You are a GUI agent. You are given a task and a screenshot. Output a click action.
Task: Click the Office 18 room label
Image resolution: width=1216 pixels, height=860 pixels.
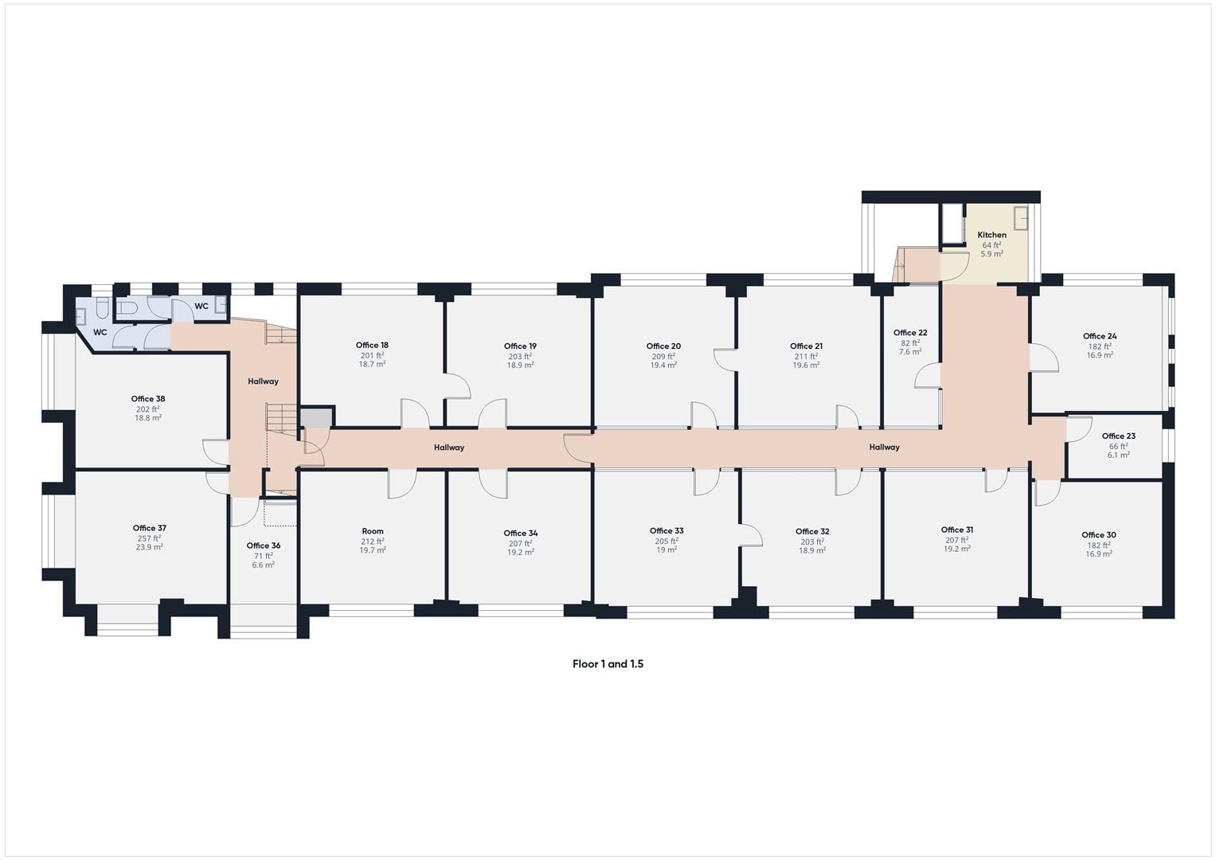coord(372,346)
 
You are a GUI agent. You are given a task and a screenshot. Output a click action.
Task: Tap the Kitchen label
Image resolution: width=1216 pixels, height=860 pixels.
coord(991,235)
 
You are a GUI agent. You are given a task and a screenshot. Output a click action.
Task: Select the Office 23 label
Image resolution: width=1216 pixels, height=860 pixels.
coord(1118,436)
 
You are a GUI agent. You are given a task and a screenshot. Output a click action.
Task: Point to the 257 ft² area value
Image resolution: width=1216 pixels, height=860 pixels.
coord(149,538)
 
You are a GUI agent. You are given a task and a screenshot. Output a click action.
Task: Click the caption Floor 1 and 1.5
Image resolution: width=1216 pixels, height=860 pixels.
coord(608,664)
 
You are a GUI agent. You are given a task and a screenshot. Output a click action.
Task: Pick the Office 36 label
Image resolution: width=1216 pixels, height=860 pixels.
coord(263,545)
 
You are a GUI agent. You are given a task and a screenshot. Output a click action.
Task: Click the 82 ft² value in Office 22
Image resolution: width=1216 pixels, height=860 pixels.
coord(909,343)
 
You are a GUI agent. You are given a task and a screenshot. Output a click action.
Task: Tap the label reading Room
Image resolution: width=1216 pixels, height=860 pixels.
coord(372,531)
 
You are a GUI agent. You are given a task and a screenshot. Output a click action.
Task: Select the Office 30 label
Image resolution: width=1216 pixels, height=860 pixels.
coord(1098,535)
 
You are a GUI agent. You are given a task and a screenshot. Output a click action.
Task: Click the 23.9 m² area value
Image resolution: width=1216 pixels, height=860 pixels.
coord(149,548)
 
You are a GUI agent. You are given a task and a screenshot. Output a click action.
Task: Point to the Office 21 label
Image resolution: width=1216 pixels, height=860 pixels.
coord(806,346)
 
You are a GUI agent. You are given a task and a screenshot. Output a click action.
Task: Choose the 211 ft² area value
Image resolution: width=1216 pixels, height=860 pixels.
coord(806,356)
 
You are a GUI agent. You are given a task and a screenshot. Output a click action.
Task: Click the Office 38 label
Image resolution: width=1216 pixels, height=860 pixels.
coord(148,399)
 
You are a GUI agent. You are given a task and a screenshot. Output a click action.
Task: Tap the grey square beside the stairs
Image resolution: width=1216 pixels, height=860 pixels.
coord(316,418)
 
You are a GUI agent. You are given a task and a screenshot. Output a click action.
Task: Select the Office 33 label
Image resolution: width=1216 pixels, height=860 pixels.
coord(667,531)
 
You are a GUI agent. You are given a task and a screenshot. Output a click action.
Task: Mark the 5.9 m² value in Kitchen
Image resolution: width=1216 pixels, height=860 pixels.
coord(991,254)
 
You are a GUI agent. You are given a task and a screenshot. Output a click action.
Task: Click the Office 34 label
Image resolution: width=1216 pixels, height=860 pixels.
coord(520,534)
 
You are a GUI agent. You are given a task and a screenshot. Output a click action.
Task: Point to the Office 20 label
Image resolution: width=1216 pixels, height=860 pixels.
coord(663,346)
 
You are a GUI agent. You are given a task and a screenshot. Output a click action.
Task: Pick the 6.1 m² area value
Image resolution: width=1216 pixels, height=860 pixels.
coord(1118,455)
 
